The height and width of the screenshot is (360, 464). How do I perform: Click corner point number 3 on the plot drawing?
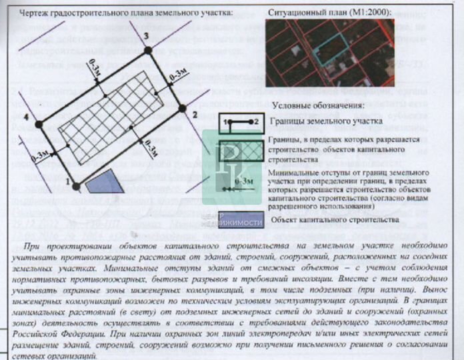[x=148, y=50]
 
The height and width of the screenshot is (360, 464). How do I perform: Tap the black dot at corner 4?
[x=39, y=124]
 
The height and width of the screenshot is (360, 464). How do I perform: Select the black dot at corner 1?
[x=76, y=186]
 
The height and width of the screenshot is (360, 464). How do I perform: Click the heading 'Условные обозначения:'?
[x=318, y=106]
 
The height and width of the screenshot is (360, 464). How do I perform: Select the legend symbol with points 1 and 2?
[x=241, y=122]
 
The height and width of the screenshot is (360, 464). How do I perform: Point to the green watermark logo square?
[x=229, y=167]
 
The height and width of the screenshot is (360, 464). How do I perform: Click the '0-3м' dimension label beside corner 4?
[x=39, y=155]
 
